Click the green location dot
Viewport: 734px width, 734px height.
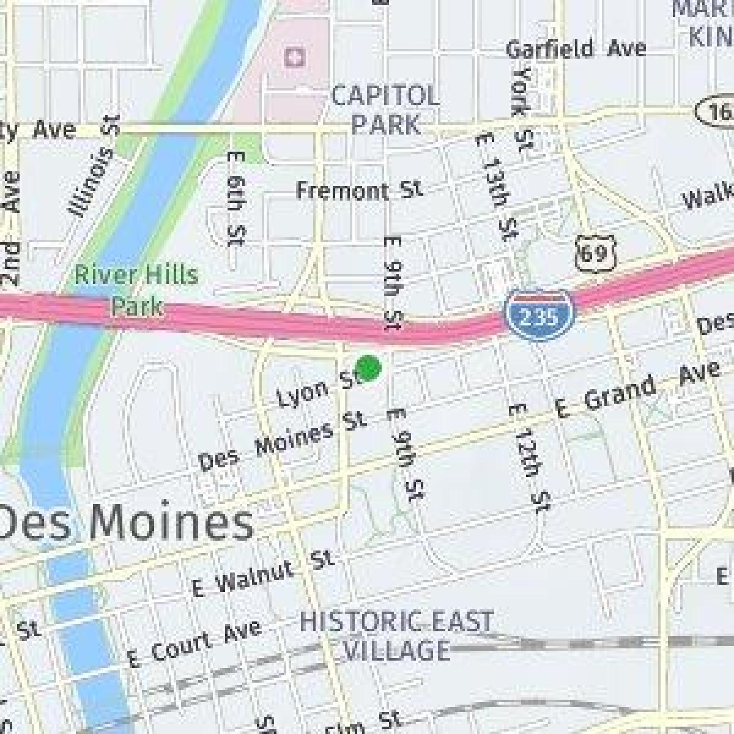click(x=368, y=368)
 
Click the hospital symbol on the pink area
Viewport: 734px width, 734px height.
click(x=295, y=59)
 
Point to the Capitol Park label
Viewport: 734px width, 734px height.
click(x=385, y=110)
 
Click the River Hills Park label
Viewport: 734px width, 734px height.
click(x=136, y=289)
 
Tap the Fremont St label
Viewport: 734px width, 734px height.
click(x=359, y=190)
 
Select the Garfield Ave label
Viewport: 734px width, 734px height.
click(x=576, y=48)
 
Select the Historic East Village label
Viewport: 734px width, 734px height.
click(x=396, y=635)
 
